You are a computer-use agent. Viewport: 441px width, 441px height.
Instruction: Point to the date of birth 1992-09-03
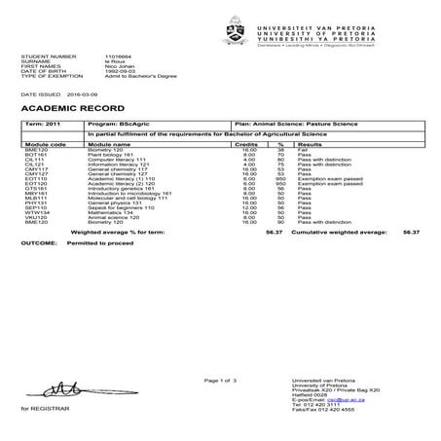pyautogui.click(x=107, y=72)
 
